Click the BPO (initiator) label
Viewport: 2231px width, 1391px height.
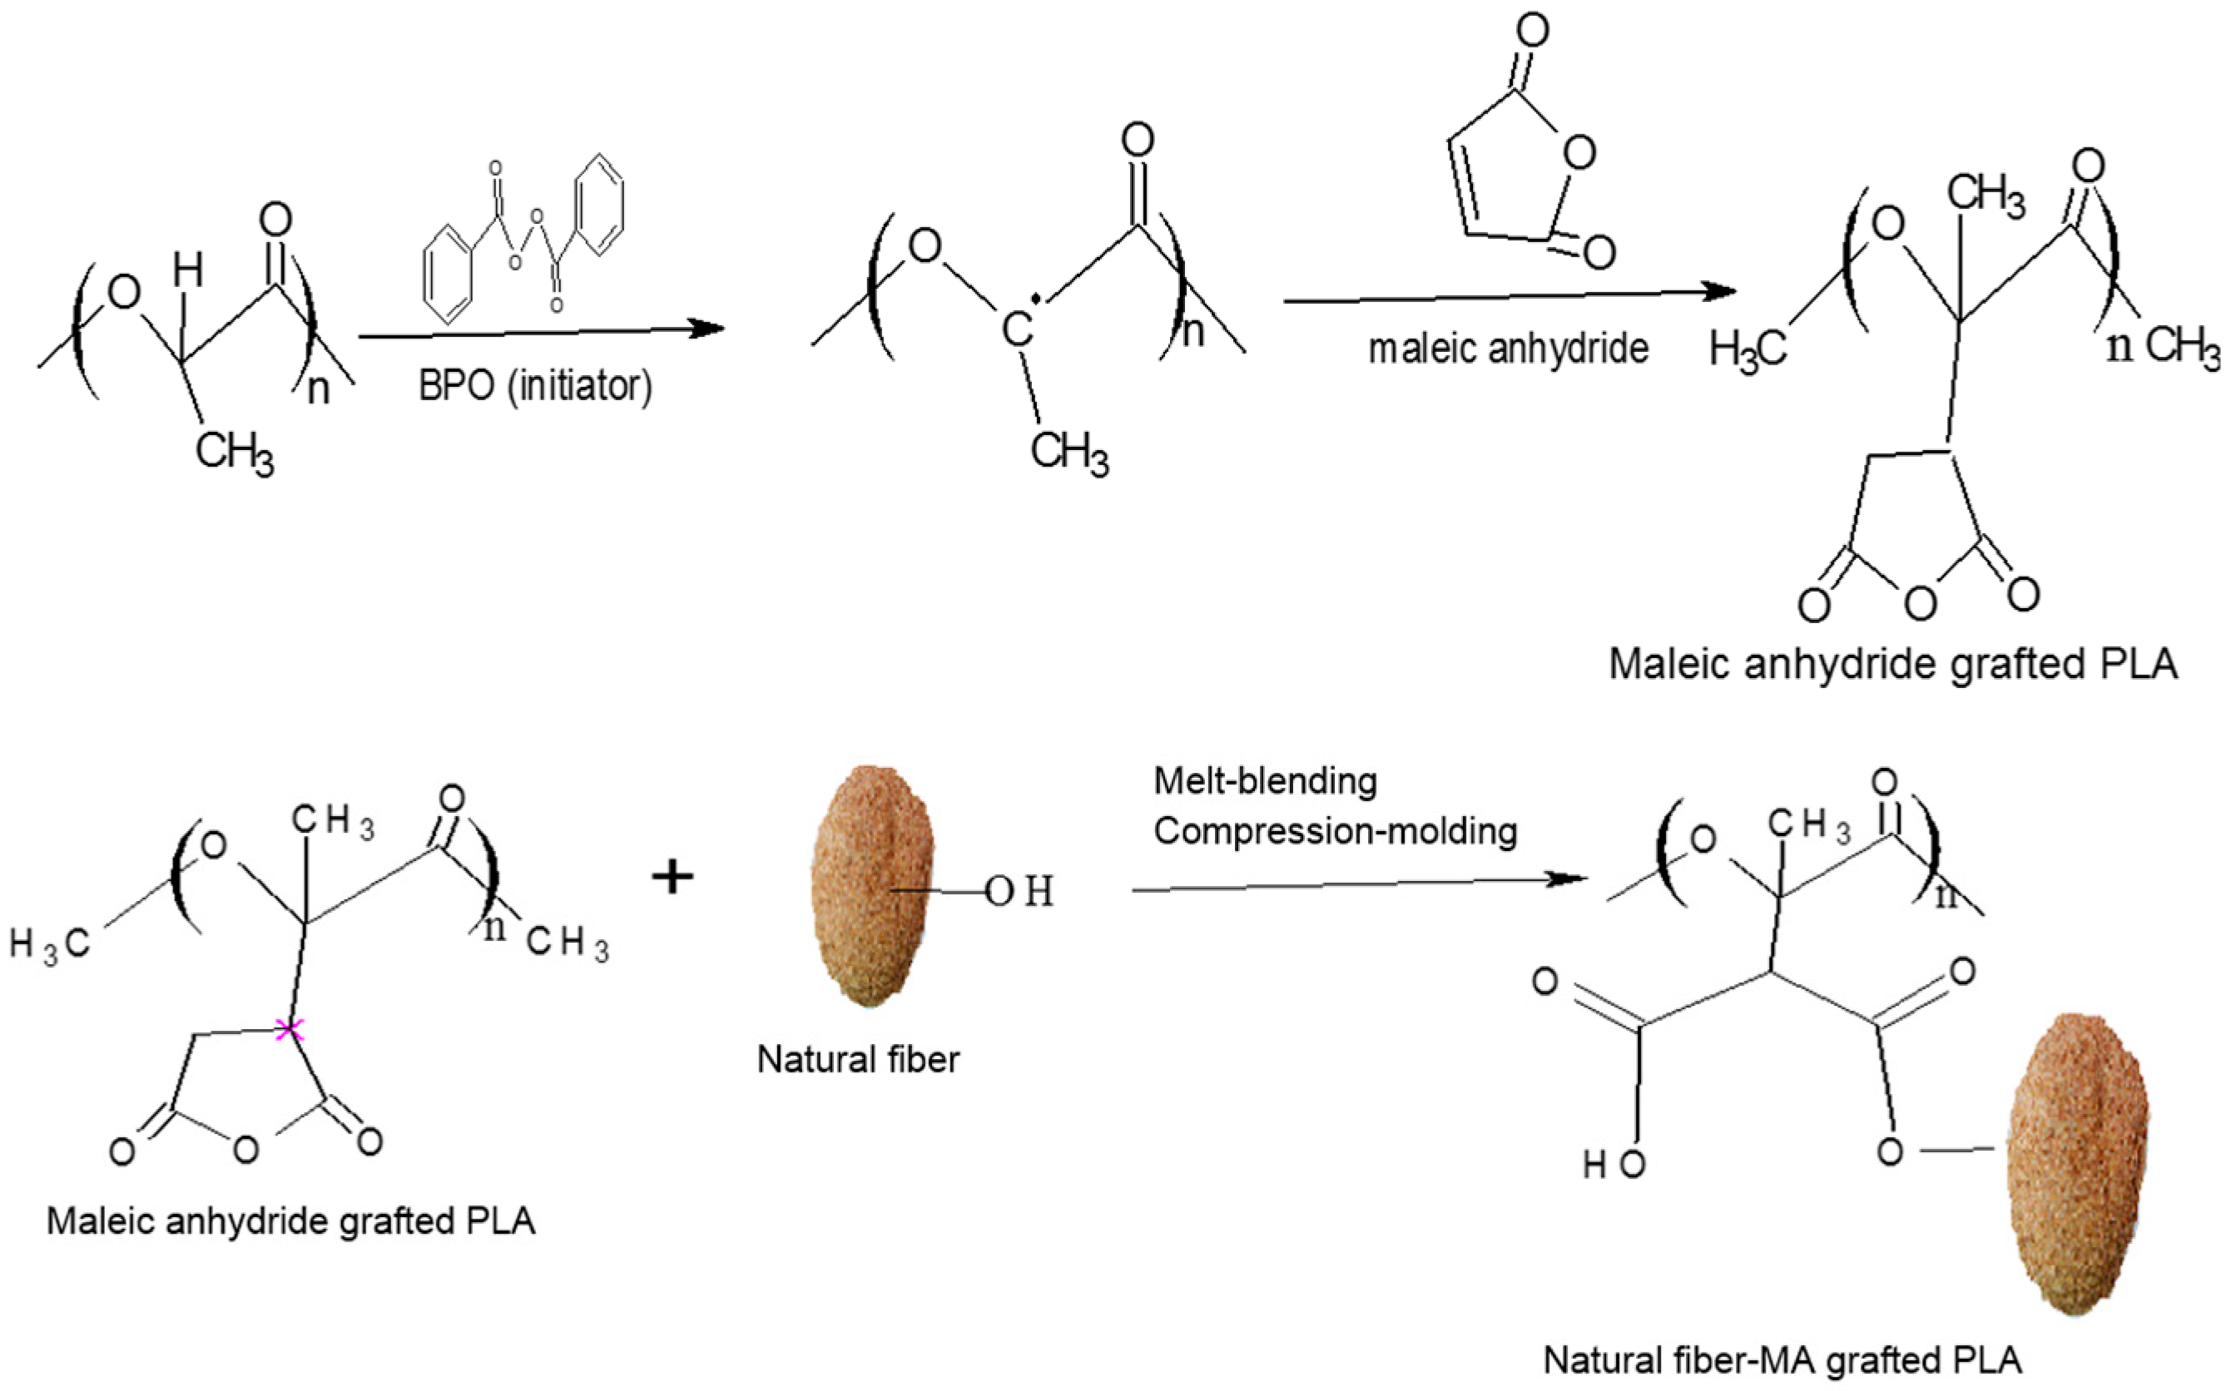coord(534,385)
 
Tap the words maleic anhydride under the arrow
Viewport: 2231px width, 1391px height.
coord(1508,349)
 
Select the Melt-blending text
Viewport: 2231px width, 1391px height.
coord(1265,781)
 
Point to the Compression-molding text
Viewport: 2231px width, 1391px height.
coord(1335,832)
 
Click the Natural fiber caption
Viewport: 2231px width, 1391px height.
coord(857,1060)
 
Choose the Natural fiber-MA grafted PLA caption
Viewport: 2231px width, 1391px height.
coord(1782,1359)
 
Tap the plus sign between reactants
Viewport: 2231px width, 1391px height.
coord(672,877)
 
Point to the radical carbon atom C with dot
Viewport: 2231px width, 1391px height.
coord(1019,329)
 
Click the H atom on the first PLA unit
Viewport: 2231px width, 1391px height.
coord(188,270)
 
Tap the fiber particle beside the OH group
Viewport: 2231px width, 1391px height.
coord(871,885)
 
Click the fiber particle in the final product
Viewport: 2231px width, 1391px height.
coord(2081,1165)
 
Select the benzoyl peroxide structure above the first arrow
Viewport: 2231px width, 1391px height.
coord(523,236)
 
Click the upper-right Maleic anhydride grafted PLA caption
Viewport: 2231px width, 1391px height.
coord(1892,664)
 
